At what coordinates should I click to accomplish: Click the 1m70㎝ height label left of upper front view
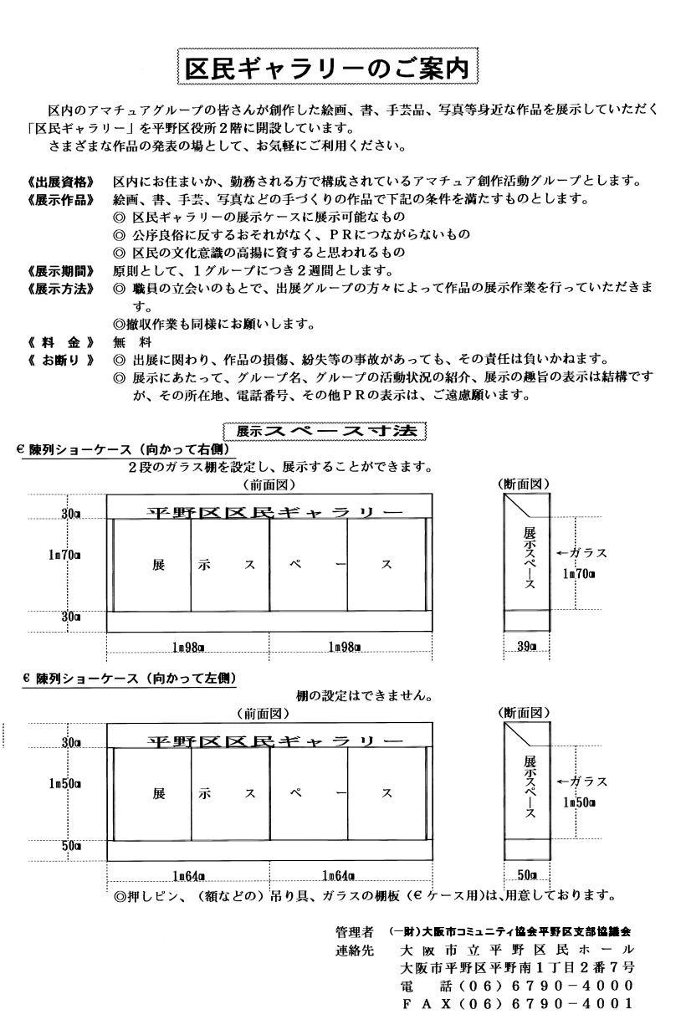[64, 553]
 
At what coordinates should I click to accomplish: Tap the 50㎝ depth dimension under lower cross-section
[527, 875]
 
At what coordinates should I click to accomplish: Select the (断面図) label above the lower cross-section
[524, 713]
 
